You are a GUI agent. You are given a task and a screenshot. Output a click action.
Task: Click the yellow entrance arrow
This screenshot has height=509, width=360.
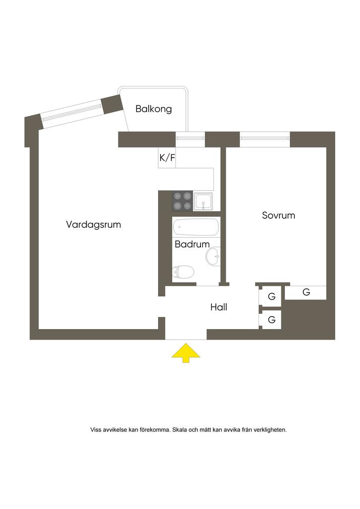coord(185,352)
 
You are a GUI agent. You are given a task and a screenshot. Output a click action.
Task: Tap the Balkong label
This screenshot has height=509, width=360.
coord(154,109)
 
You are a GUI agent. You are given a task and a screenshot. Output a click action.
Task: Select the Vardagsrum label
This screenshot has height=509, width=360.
coord(93,225)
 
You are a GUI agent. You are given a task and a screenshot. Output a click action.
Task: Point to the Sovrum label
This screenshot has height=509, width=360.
coord(278,216)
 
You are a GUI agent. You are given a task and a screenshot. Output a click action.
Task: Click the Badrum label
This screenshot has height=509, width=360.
coord(192,245)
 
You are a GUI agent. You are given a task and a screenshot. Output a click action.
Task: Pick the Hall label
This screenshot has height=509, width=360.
coord(219,308)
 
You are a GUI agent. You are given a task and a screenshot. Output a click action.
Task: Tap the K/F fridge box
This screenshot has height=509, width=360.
coord(167,159)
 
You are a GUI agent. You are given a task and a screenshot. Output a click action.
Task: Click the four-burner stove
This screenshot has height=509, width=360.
coord(182,201)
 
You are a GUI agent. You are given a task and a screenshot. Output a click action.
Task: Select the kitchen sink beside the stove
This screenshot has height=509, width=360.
coord(204,201)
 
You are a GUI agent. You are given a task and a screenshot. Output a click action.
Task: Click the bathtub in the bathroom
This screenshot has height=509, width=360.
coord(196,228)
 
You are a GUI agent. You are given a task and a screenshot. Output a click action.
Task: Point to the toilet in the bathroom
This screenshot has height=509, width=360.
coord(183,272)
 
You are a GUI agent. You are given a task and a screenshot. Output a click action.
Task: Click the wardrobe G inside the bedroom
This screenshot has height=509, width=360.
coord(306,293)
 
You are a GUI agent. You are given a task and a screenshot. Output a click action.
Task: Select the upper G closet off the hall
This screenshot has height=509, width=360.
coord(271,297)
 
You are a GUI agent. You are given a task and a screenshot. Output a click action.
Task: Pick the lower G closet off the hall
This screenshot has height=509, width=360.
coord(271,320)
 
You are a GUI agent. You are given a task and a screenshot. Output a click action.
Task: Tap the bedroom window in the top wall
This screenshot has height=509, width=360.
coord(265,136)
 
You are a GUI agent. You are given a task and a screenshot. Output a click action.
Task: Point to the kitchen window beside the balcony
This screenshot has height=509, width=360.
coord(190,137)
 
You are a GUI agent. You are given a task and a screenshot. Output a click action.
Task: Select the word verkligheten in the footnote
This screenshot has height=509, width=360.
coord(269,429)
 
